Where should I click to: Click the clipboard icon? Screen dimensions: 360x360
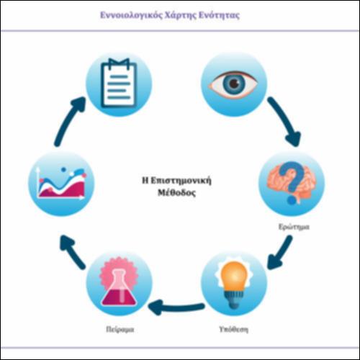tap(119, 83)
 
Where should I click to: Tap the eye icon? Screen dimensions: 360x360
tap(233, 84)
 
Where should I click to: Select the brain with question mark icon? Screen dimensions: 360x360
tap(291, 183)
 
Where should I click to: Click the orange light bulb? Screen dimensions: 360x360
tap(233, 283)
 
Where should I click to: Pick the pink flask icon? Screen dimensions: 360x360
tap(120, 282)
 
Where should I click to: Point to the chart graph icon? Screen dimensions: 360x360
tap(61, 183)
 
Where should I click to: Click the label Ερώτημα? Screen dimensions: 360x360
tap(294, 227)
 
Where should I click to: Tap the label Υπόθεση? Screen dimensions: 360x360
tap(233, 329)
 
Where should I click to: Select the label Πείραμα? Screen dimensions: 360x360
tap(120, 329)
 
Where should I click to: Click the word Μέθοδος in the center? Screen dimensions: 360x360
tap(176, 193)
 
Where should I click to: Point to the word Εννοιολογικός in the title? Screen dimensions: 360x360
tap(131, 15)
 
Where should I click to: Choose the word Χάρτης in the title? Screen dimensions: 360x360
tap(181, 15)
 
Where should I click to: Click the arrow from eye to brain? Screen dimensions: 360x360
tap(284, 120)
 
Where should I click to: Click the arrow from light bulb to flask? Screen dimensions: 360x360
tap(176, 307)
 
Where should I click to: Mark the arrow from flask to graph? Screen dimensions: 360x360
tap(72, 251)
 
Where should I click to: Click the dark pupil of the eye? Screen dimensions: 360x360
tap(233, 84)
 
